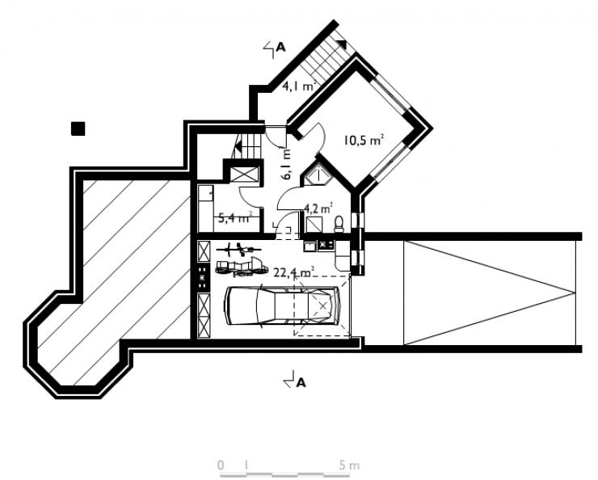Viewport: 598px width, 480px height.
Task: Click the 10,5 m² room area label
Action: pyautogui.click(x=363, y=141)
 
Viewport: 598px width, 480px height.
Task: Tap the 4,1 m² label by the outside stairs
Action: pyautogui.click(x=300, y=86)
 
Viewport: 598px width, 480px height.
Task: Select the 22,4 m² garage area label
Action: pyautogui.click(x=294, y=272)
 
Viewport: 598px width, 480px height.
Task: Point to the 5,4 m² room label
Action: pyautogui.click(x=235, y=218)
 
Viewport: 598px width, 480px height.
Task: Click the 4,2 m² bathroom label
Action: pyautogui.click(x=318, y=208)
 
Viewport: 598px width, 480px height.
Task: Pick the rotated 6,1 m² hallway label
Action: pyautogui.click(x=286, y=164)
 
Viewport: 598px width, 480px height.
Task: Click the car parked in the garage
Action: pyautogui.click(x=283, y=305)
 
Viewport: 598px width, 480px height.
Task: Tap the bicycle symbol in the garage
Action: pyautogui.click(x=238, y=250)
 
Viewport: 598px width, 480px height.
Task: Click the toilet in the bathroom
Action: pyautogui.click(x=339, y=224)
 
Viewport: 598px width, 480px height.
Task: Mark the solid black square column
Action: pyautogui.click(x=78, y=128)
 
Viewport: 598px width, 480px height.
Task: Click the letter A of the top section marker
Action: pyautogui.click(x=280, y=48)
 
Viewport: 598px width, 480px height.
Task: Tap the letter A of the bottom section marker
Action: pyautogui.click(x=301, y=382)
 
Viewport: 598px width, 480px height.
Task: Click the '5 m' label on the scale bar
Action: pyautogui.click(x=348, y=465)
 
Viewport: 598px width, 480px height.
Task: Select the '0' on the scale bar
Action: pyautogui.click(x=221, y=465)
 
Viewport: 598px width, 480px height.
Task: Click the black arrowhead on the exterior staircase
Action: pyautogui.click(x=342, y=44)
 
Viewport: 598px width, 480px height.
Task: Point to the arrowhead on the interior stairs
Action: pyautogui.click(x=238, y=146)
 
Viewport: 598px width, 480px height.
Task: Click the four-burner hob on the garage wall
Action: pyautogui.click(x=204, y=277)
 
